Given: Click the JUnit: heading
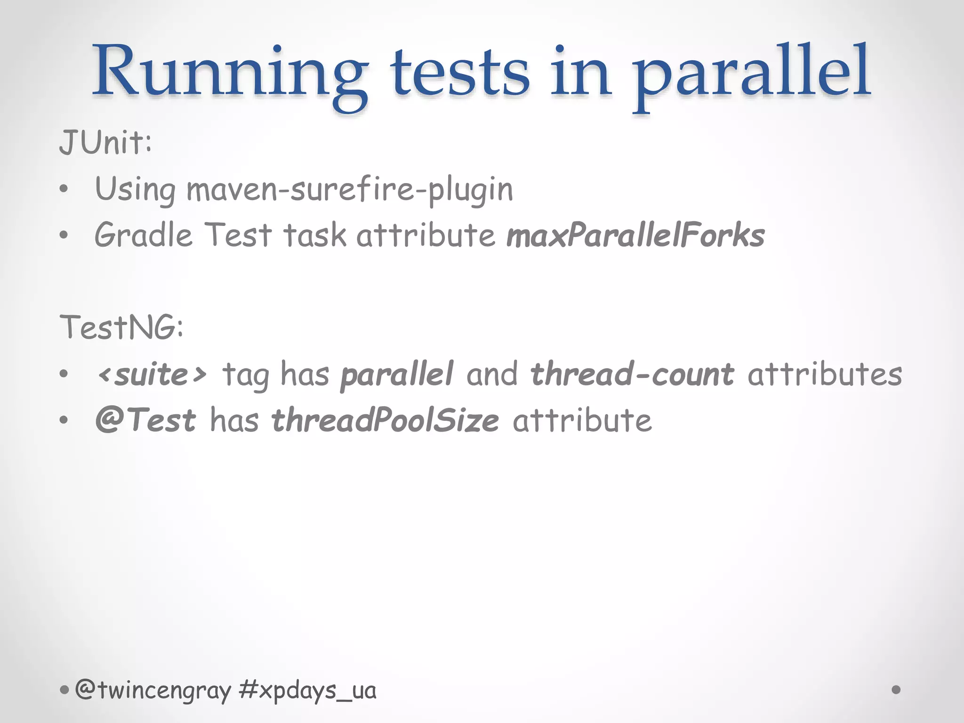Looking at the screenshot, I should (x=106, y=142).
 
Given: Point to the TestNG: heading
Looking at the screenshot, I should (x=121, y=328).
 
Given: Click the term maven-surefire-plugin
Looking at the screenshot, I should (x=350, y=189).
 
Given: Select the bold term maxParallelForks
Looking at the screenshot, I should (x=635, y=235).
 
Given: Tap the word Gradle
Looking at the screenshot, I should (x=144, y=235).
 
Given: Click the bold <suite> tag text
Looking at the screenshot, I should (x=152, y=375).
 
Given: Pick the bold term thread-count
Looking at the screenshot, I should (x=632, y=375).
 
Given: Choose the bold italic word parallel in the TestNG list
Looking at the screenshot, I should (x=397, y=375).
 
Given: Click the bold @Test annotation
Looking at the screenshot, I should (x=145, y=420).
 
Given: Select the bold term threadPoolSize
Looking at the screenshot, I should (x=385, y=420).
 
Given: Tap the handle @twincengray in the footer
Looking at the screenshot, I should (x=153, y=691).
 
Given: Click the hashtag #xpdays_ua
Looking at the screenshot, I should (x=307, y=691).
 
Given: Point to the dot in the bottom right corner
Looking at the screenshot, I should (x=896, y=690).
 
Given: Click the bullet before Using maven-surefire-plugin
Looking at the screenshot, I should (x=64, y=190).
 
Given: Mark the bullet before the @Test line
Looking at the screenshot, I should (x=64, y=420).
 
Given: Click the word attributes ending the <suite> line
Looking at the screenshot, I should (x=825, y=375).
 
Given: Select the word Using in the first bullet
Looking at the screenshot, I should (x=135, y=189).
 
